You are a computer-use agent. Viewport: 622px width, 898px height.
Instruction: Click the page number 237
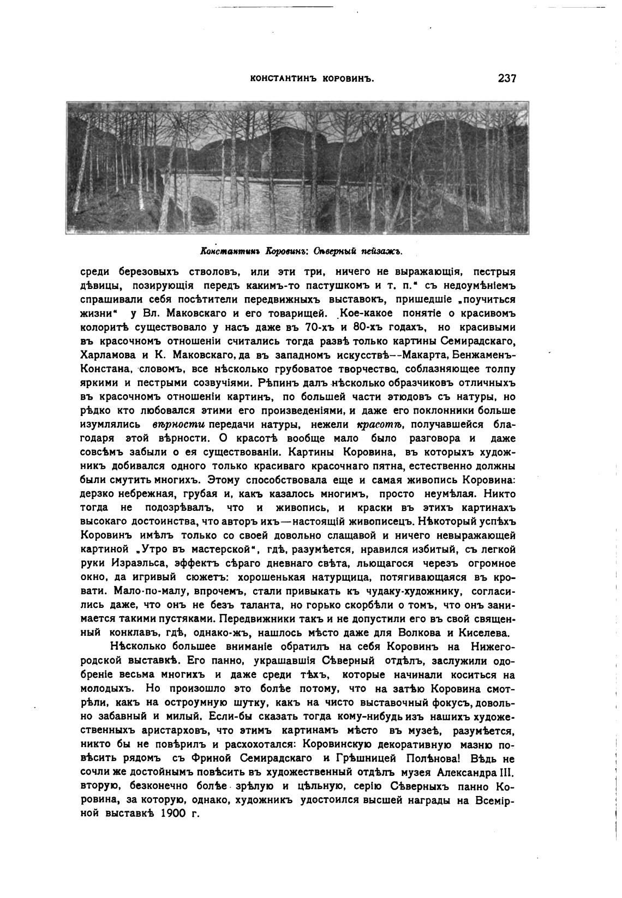506,78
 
